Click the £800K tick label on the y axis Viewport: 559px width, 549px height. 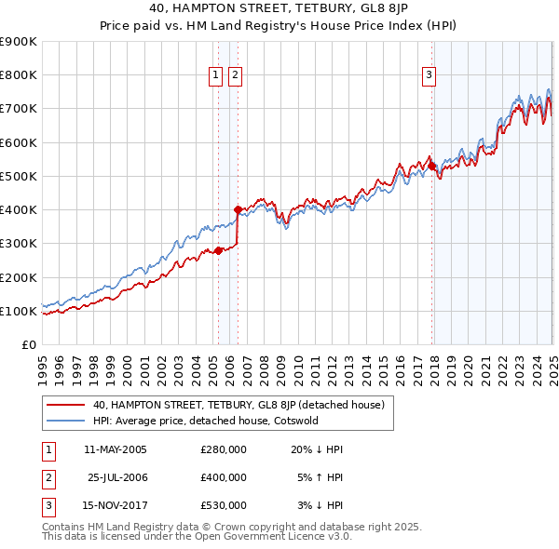[x=19, y=75]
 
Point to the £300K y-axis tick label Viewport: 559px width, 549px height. [x=19, y=244]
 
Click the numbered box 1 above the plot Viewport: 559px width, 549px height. [x=216, y=76]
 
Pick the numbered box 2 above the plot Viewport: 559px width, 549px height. [x=235, y=76]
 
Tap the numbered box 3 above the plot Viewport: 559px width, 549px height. [x=429, y=76]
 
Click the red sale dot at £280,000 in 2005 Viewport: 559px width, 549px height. [x=218, y=250]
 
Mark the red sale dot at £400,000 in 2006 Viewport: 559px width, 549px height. [x=239, y=210]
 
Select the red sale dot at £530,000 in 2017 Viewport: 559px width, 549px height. [x=432, y=166]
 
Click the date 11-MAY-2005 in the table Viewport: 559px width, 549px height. [x=116, y=449]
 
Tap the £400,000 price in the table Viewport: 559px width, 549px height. [x=224, y=477]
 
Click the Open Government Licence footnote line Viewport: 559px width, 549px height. [x=197, y=536]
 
